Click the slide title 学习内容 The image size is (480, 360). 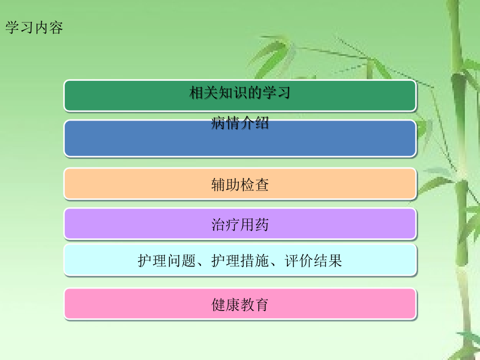pyautogui.click(x=34, y=28)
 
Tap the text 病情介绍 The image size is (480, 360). pyautogui.click(x=240, y=123)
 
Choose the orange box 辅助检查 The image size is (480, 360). pyautogui.click(x=240, y=184)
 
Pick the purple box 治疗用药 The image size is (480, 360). pyautogui.click(x=240, y=224)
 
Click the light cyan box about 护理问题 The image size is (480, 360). pyautogui.click(x=240, y=260)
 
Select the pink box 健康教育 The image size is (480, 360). pyautogui.click(x=240, y=304)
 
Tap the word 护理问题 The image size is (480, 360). pyautogui.click(x=166, y=260)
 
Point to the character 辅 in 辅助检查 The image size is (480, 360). pyautogui.click(x=219, y=184)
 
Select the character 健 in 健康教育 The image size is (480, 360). pyautogui.click(x=219, y=304)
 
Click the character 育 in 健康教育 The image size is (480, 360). pyautogui.click(x=262, y=304)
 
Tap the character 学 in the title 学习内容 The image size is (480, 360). pyautogui.click(x=13, y=28)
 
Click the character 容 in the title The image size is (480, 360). pyautogui.click(x=56, y=28)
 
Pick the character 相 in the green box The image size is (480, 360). pyautogui.click(x=196, y=93)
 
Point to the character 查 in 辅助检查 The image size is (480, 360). pyautogui.click(x=262, y=184)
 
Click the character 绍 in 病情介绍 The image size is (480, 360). pyautogui.click(x=262, y=123)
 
